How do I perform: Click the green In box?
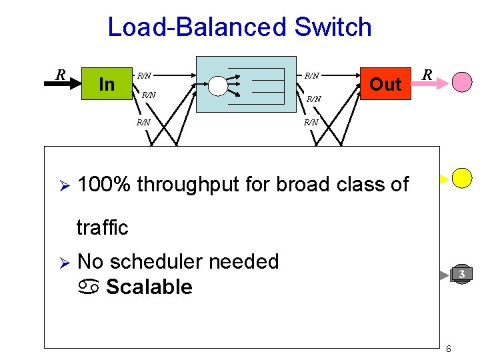coord(107,84)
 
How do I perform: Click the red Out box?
coord(385,84)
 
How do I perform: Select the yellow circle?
coord(462,177)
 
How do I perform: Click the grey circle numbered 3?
coord(461,274)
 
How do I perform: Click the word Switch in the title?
coord(332,27)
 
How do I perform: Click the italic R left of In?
coord(61,74)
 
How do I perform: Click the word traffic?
coord(102,227)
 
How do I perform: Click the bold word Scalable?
coord(149,287)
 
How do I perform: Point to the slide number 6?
coord(449,349)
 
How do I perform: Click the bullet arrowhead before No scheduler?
coord(61,262)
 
